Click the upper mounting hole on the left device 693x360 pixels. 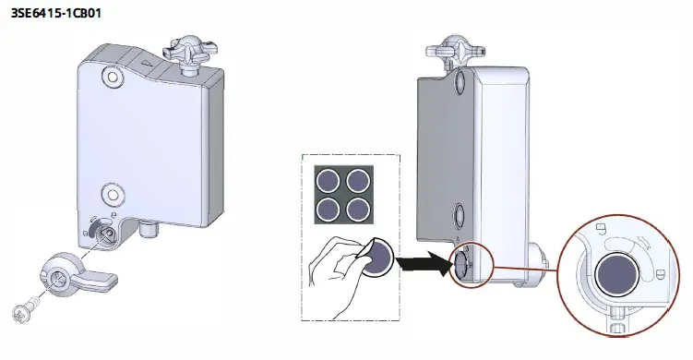112,74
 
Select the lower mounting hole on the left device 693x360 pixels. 114,193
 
